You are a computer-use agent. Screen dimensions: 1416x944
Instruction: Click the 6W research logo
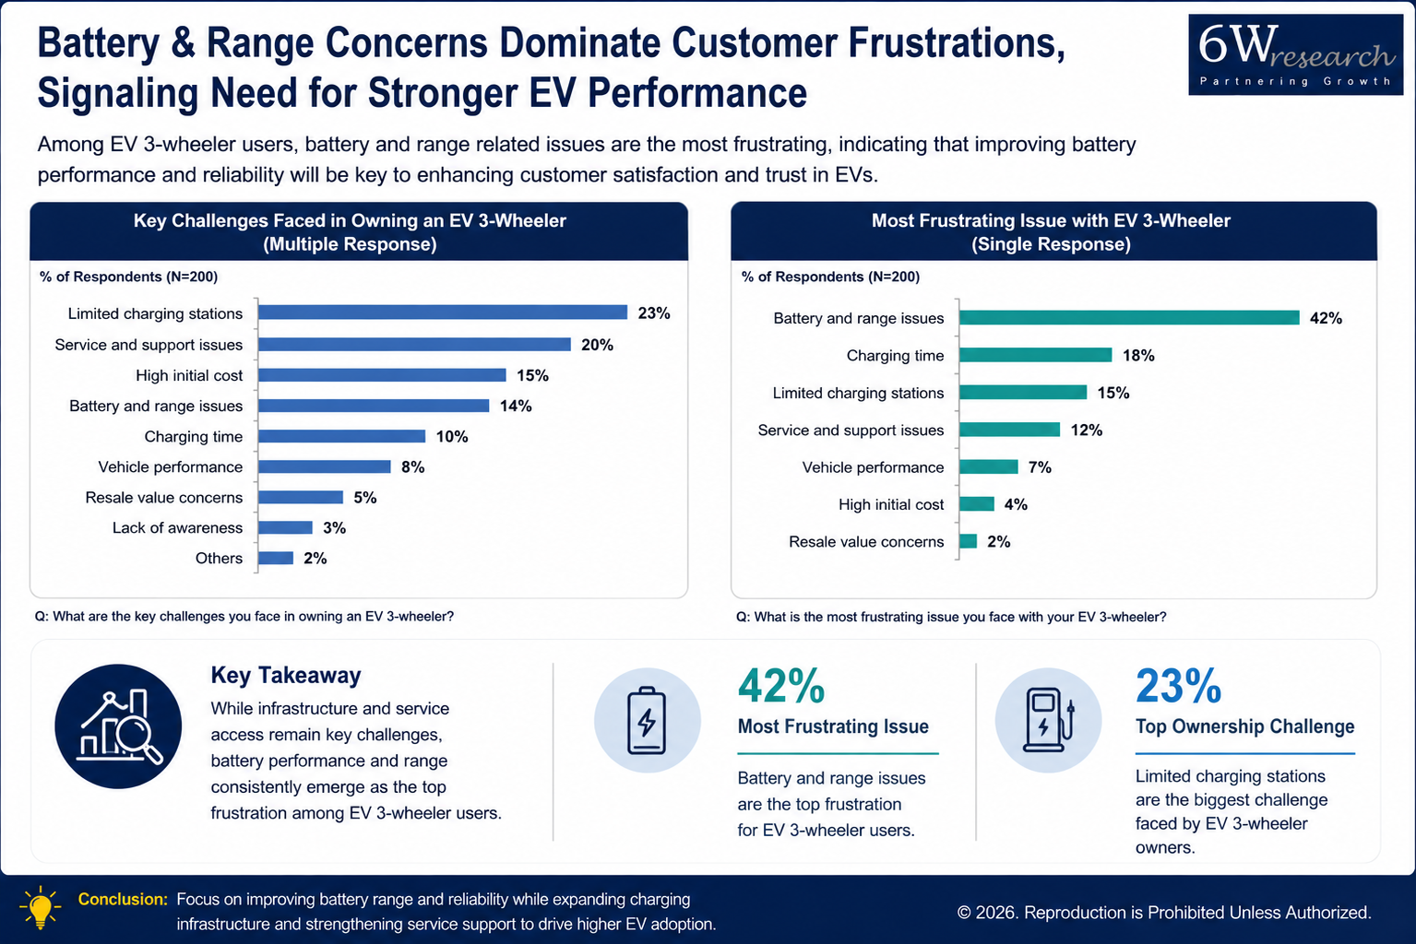pyautogui.click(x=1295, y=55)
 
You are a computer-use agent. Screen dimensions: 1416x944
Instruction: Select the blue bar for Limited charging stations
pyautogui.click(x=443, y=313)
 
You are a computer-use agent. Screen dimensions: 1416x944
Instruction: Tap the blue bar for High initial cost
pyautogui.click(x=382, y=374)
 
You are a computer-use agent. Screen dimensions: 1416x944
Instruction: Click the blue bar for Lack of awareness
pyautogui.click(x=285, y=527)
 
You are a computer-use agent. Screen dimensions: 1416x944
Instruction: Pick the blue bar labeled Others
pyautogui.click(x=276, y=558)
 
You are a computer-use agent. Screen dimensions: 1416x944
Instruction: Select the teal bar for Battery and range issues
pyautogui.click(x=1129, y=317)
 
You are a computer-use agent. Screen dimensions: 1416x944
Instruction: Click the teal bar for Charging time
pyautogui.click(x=1035, y=355)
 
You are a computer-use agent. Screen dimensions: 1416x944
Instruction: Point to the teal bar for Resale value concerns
pyautogui.click(x=968, y=541)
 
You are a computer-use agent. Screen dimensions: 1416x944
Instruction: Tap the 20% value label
pyautogui.click(x=598, y=345)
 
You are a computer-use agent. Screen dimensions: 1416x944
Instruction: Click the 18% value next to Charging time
pyautogui.click(x=1138, y=355)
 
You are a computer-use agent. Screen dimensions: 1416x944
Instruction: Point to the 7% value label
pyautogui.click(x=1040, y=467)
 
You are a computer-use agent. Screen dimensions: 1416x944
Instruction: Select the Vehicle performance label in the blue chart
pyautogui.click(x=170, y=466)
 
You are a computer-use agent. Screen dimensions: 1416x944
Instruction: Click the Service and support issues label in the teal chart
pyautogui.click(x=851, y=430)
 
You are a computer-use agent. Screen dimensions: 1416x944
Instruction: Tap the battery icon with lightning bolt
pyautogui.click(x=647, y=720)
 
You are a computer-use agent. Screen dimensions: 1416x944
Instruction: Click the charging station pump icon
pyautogui.click(x=1048, y=720)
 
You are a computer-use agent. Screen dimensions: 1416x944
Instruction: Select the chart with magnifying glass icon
pyautogui.click(x=118, y=726)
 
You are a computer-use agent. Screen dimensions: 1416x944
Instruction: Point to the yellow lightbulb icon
pyautogui.click(x=41, y=907)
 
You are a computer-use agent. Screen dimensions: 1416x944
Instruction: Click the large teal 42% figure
pyautogui.click(x=781, y=686)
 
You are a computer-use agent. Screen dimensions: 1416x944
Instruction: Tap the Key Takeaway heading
pyautogui.click(x=286, y=675)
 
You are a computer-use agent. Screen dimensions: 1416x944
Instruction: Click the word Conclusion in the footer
pyautogui.click(x=123, y=899)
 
